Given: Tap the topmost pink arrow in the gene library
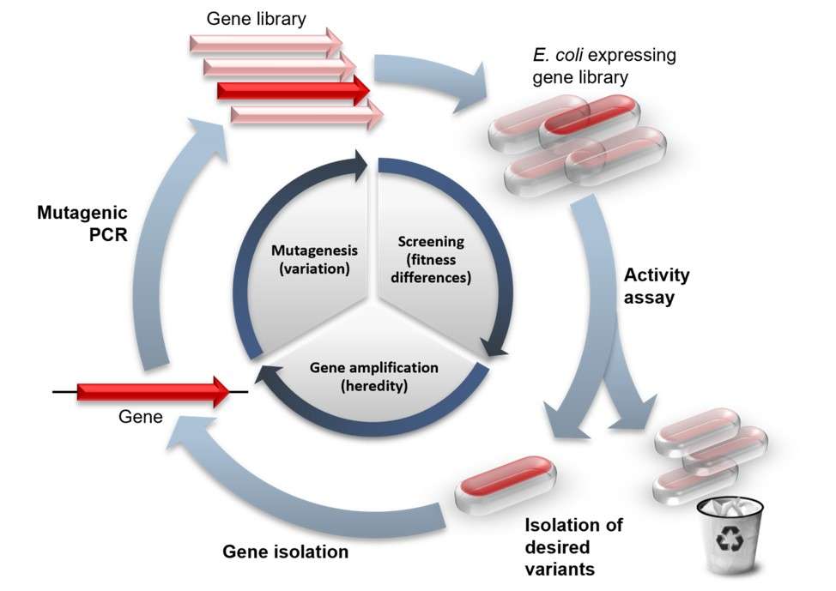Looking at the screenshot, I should pyautogui.click(x=266, y=41).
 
